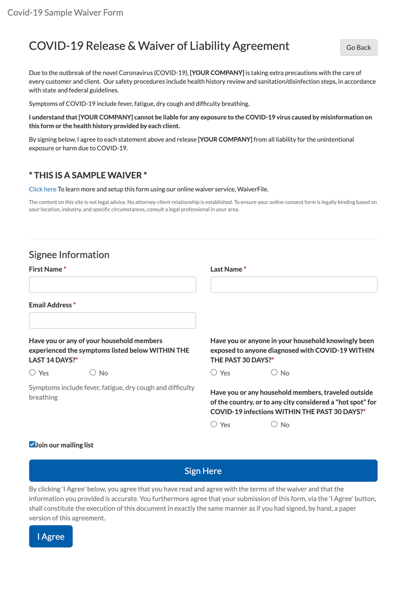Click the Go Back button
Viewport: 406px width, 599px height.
click(x=359, y=48)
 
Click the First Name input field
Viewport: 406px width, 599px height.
click(x=112, y=285)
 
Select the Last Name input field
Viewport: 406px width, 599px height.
click(x=294, y=285)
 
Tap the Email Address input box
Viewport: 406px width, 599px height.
click(x=112, y=320)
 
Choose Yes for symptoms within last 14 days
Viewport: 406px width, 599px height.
click(x=32, y=372)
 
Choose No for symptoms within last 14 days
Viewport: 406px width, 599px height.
click(x=93, y=372)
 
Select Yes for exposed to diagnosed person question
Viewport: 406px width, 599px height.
click(x=214, y=372)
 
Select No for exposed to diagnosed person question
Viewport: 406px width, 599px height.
click(x=274, y=372)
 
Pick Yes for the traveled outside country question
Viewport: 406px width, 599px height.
click(x=214, y=424)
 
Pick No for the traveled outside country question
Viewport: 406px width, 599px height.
click(x=274, y=424)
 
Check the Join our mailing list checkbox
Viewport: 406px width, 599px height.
click(x=32, y=445)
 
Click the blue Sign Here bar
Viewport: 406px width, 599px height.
click(x=203, y=471)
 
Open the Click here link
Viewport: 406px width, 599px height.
click(x=42, y=189)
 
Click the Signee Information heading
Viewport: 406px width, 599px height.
click(x=69, y=255)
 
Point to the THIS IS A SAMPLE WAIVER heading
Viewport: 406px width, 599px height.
click(x=88, y=175)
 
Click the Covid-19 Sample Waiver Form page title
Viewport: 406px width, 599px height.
click(x=65, y=13)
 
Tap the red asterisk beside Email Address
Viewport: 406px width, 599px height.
click(x=74, y=305)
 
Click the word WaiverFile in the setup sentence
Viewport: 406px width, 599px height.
click(x=253, y=189)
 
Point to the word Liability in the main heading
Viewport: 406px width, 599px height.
click(x=212, y=46)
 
